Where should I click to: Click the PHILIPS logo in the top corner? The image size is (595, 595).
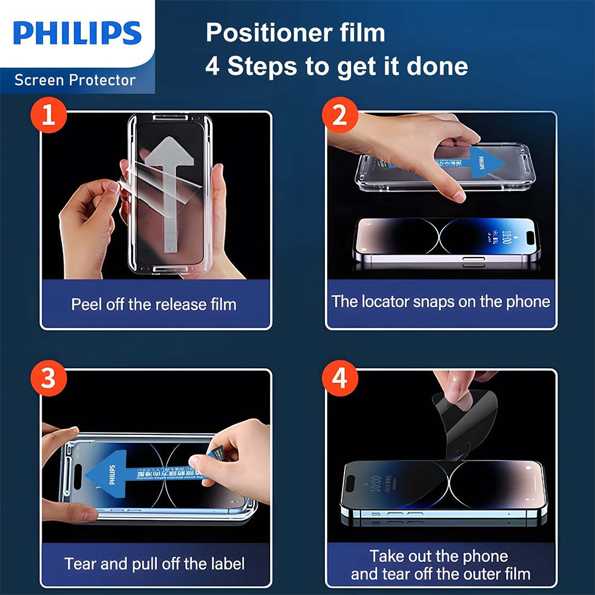click(77, 33)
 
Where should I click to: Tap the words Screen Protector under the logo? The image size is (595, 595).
click(75, 80)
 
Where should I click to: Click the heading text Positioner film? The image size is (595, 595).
click(295, 33)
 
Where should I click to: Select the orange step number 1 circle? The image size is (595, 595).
click(48, 115)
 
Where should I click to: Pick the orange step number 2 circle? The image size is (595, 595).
click(340, 115)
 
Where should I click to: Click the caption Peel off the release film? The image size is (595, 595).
click(154, 304)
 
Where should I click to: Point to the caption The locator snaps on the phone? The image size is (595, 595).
click(441, 301)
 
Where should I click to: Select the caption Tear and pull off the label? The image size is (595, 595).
click(154, 563)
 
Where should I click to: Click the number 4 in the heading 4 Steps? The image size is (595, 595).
click(212, 67)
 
